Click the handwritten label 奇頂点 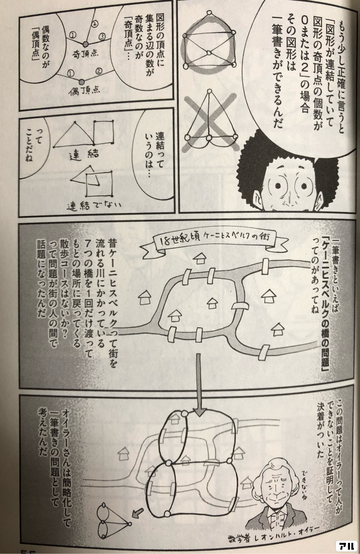[x=85, y=55]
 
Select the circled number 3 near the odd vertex [x=102, y=37]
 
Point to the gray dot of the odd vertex [x=85, y=44]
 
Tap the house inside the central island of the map [x=212, y=303]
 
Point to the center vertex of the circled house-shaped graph [x=208, y=53]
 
